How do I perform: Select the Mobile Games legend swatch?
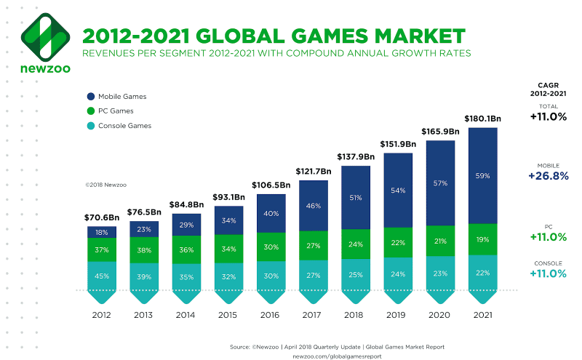click(91, 96)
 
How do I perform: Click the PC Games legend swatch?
click(91, 111)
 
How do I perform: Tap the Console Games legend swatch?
click(91, 126)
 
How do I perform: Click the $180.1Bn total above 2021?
click(482, 119)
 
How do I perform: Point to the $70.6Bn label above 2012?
click(102, 217)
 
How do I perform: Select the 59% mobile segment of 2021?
click(482, 175)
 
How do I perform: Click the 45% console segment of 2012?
click(102, 276)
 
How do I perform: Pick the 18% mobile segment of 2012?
click(102, 232)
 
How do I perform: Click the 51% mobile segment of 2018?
click(356, 196)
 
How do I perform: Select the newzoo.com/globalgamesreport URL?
click(332, 355)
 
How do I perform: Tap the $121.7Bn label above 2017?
click(314, 170)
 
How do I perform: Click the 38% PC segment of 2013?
click(144, 249)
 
